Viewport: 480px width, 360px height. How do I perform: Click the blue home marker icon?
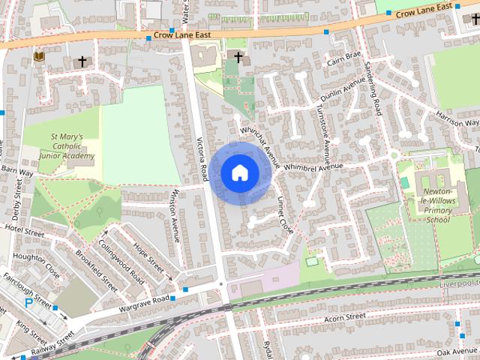(238, 172)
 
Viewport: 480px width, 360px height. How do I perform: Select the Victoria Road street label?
(202, 160)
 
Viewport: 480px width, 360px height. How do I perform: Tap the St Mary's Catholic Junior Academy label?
(72, 147)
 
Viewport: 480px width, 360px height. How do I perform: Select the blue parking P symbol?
(29, 303)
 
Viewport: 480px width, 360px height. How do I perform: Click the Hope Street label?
(148, 256)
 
